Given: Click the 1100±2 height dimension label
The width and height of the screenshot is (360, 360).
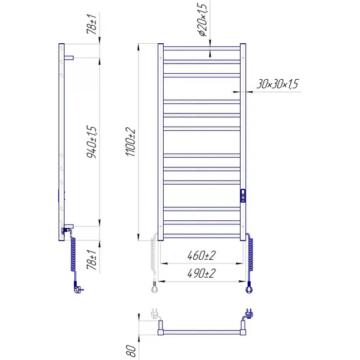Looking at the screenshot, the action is click(131, 142).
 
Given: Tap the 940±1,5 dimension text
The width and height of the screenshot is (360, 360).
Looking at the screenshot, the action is click(92, 142).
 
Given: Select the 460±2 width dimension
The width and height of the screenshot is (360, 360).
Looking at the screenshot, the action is click(202, 256).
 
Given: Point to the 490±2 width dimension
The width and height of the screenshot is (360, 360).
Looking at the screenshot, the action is click(202, 274).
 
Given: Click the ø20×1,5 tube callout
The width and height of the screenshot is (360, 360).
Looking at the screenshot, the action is click(203, 20).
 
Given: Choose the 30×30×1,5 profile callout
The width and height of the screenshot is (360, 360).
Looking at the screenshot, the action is click(277, 84).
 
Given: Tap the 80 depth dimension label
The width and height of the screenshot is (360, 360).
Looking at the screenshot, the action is click(131, 351).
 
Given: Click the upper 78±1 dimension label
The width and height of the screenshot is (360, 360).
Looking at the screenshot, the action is click(91, 24).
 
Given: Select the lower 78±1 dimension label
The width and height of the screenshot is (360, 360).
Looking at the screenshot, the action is click(91, 260).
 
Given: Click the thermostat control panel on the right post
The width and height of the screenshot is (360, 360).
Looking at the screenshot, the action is click(243, 196).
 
